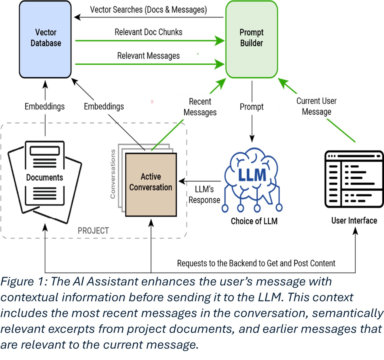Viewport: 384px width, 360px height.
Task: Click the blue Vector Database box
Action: pos(45,39)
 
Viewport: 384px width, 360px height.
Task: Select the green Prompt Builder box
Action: pos(251,39)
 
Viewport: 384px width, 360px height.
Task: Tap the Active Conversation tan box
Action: pos(151,185)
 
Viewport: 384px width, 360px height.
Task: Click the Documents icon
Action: pos(45,181)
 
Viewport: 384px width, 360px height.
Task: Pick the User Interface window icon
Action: pos(354,179)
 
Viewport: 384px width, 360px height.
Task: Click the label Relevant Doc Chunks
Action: pos(148,32)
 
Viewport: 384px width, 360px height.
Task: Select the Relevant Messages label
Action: pos(148,56)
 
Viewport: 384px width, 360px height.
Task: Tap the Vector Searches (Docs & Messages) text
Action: pos(148,10)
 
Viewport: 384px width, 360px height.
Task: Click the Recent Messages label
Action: pos(200,107)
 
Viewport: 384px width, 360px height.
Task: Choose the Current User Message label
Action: pos(316,106)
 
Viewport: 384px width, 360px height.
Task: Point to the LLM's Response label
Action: pos(204,194)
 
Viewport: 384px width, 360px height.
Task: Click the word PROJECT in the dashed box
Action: pos(93,231)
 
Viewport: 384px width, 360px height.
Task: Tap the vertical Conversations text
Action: pos(113,174)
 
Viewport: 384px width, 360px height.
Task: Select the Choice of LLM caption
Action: pos(254,221)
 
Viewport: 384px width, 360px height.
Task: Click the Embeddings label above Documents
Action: pos(45,106)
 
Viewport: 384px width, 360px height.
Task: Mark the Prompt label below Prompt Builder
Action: pos(251,107)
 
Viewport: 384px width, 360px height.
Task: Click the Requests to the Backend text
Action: pos(256,263)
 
